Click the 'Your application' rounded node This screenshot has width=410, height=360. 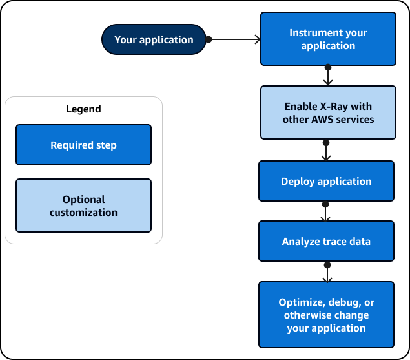154,40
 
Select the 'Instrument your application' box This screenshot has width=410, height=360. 327,39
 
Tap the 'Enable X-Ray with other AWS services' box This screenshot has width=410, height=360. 327,112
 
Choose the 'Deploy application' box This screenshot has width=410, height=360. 326,182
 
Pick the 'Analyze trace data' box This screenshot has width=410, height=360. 326,242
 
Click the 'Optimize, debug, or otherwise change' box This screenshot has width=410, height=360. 326,315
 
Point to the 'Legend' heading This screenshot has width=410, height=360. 83,109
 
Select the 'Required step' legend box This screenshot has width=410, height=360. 83,145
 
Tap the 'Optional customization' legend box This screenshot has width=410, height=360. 83,206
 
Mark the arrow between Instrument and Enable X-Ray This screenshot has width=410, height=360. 328,76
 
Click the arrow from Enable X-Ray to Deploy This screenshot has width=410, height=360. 326,151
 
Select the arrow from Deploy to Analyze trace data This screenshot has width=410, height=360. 325,211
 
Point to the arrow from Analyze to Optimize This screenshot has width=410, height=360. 327,272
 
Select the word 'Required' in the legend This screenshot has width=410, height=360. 70,145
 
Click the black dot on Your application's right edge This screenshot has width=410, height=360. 209,39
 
